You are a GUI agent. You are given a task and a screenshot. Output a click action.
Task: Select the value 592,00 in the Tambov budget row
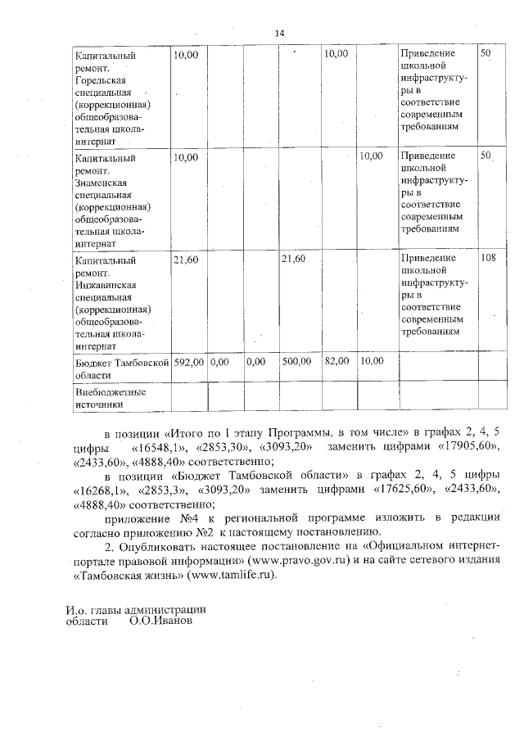click(x=188, y=360)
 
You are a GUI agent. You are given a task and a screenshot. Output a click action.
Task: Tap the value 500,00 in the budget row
click(x=296, y=360)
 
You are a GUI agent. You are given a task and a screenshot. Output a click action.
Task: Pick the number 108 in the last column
click(x=488, y=259)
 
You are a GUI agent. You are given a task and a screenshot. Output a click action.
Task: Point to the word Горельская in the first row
click(x=102, y=80)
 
